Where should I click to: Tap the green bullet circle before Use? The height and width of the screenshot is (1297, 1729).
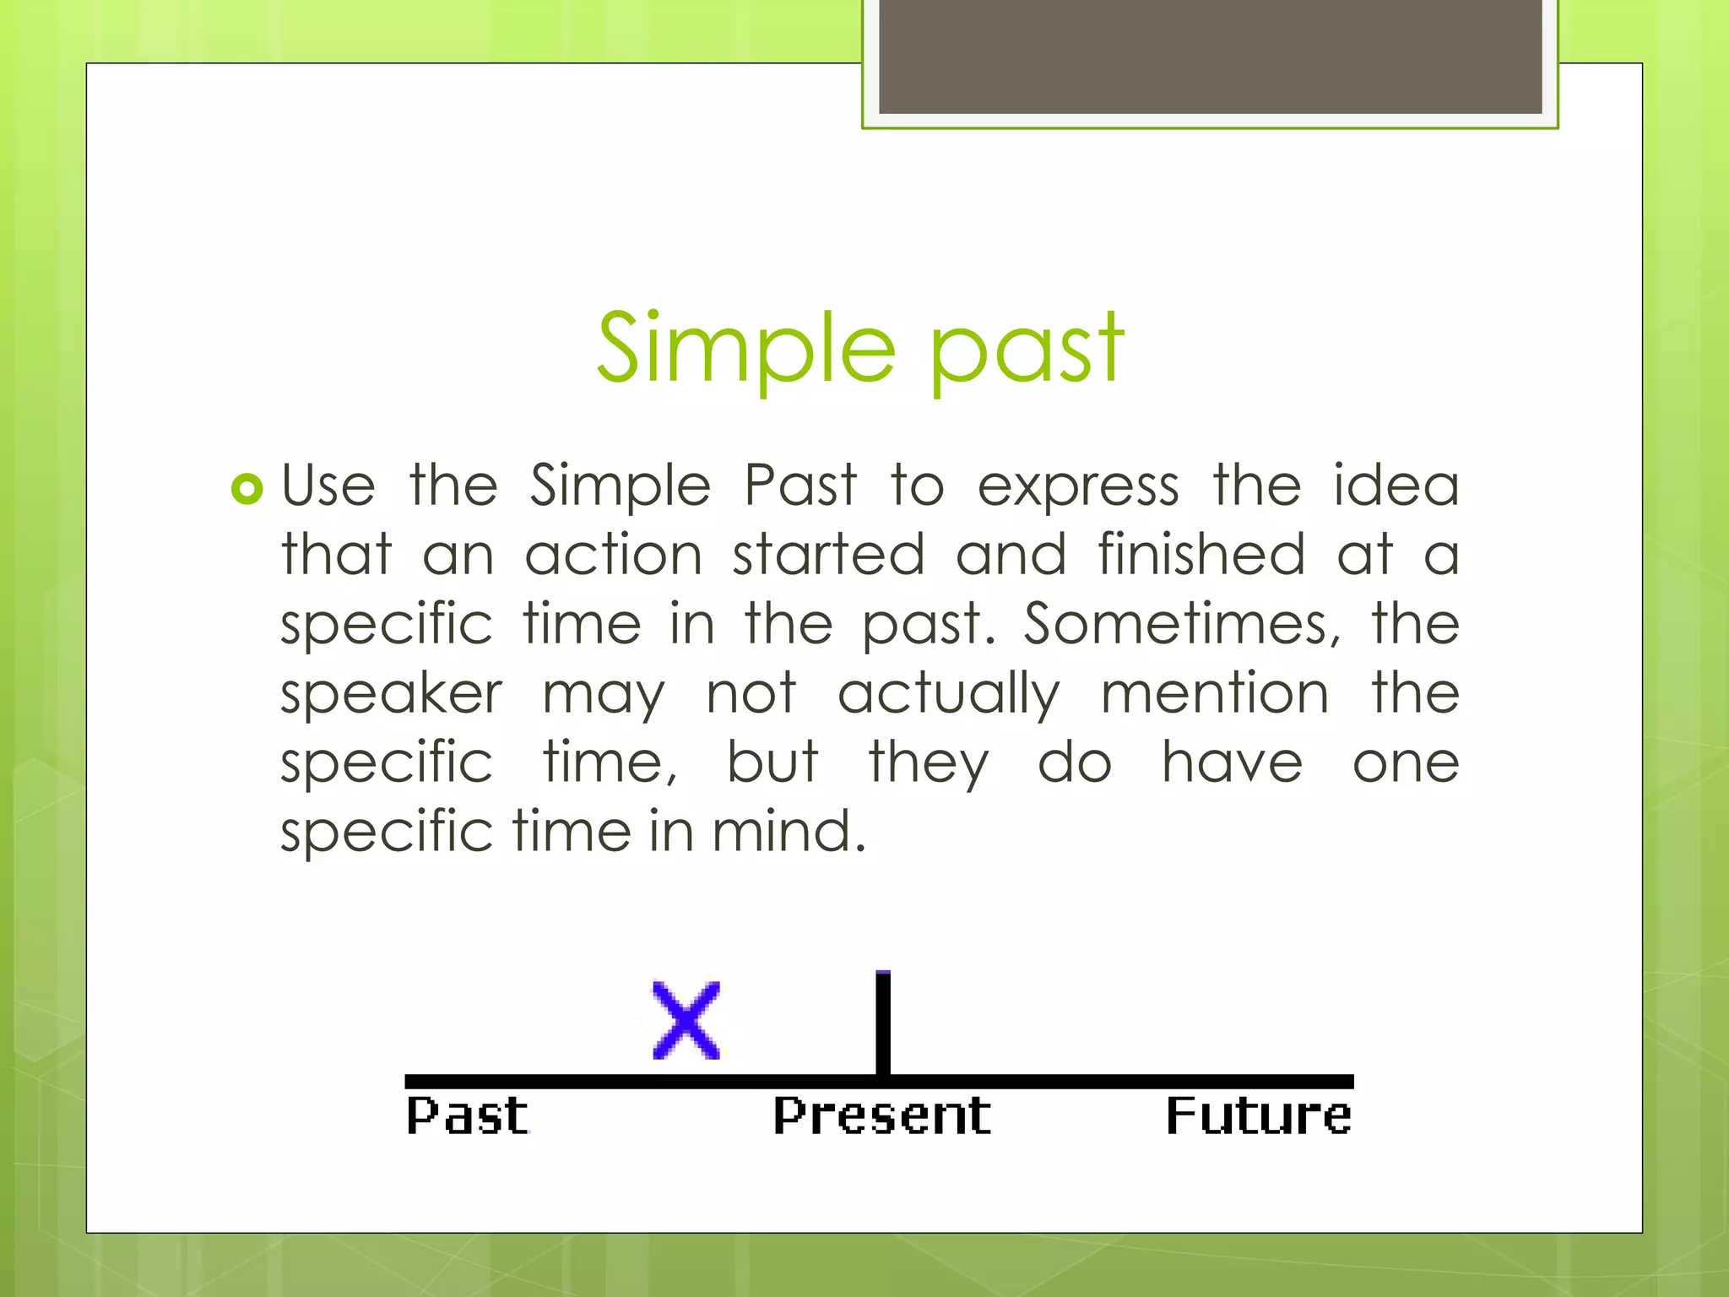click(247, 489)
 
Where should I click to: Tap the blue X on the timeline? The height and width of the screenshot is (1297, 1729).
click(686, 1020)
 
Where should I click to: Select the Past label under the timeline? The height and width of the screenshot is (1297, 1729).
click(467, 1116)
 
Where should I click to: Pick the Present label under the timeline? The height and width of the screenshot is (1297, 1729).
click(881, 1116)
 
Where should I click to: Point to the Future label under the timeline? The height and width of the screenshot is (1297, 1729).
click(1258, 1116)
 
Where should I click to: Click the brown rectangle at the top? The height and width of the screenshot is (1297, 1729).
click(1210, 56)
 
